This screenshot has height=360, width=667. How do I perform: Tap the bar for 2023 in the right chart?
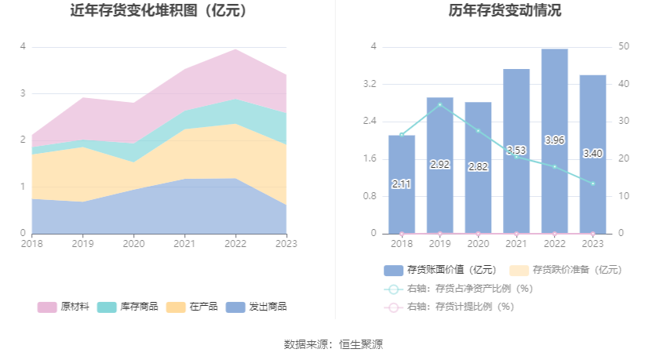(592, 196)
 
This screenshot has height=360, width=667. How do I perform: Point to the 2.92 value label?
(439, 165)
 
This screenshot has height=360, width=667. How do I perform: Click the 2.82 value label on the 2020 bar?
(478, 167)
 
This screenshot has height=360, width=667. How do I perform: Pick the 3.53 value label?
(516, 151)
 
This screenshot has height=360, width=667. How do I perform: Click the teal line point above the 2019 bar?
(439, 104)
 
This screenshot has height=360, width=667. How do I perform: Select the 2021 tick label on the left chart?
(184, 243)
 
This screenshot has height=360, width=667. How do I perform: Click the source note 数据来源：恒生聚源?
(333, 344)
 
